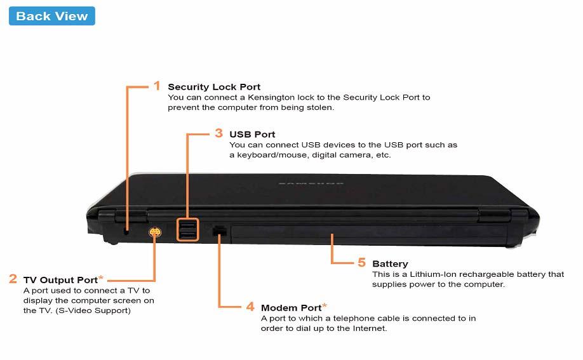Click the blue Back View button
click(52, 17)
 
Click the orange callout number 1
click(157, 86)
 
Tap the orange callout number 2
click(13, 279)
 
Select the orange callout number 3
click(218, 133)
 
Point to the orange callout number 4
click(250, 307)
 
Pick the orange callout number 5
click(361, 262)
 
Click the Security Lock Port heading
click(214, 87)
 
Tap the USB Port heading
click(252, 135)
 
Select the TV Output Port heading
click(60, 280)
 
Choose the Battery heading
click(390, 264)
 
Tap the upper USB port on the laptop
click(189, 225)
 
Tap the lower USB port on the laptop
click(189, 236)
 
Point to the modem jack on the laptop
click(220, 231)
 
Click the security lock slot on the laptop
click(126, 231)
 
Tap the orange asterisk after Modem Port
click(325, 305)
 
